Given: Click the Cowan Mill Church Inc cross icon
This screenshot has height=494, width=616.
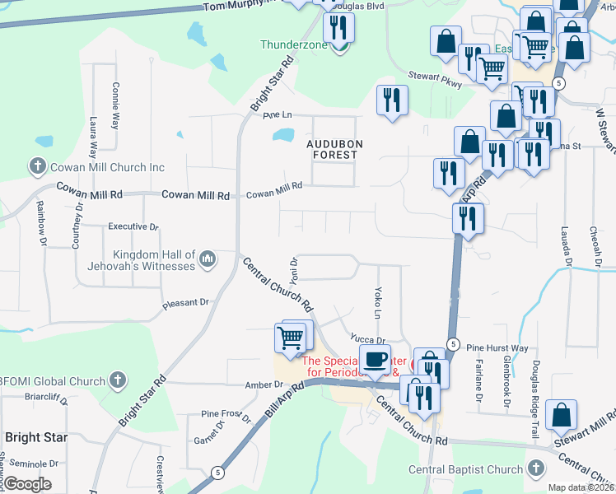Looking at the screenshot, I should click(37, 167).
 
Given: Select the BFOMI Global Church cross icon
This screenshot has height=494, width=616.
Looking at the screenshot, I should click(118, 381).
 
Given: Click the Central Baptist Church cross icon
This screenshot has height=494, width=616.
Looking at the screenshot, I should click(535, 469).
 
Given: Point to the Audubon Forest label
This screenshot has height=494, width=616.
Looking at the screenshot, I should click(333, 148).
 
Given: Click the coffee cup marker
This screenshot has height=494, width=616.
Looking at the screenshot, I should click(375, 358).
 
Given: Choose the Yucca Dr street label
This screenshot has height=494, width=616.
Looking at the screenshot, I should click(367, 339).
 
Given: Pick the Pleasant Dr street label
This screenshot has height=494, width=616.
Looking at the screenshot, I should click(186, 303).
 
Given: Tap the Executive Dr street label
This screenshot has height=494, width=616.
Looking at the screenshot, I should click(133, 226).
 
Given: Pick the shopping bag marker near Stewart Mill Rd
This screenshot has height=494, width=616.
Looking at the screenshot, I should click(561, 415).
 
